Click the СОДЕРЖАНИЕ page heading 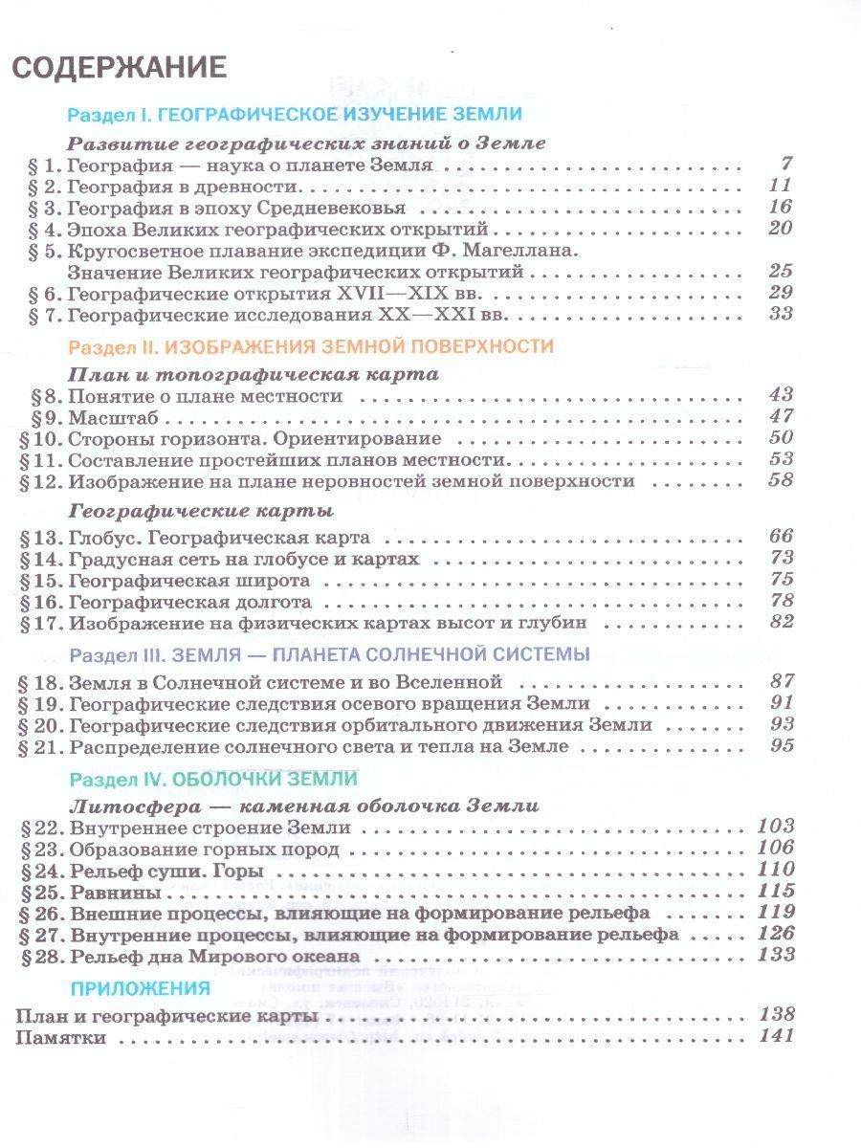click(x=119, y=69)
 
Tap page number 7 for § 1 click(x=786, y=164)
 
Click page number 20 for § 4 click(x=781, y=229)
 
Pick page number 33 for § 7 click(x=781, y=314)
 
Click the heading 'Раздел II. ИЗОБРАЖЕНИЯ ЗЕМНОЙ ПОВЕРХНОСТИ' click(x=311, y=345)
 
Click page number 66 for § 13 click(x=781, y=537)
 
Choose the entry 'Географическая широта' click(x=188, y=581)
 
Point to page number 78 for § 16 click(x=781, y=601)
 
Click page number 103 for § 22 click(x=775, y=827)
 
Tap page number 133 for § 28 click(x=775, y=955)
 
